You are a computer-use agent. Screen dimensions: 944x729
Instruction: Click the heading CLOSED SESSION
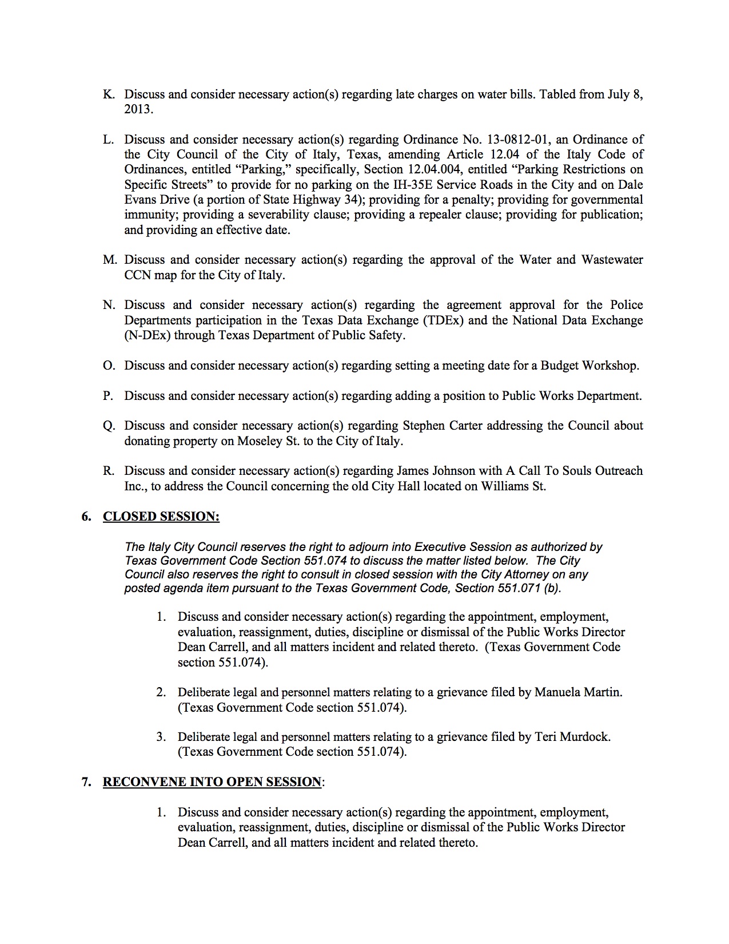(x=161, y=516)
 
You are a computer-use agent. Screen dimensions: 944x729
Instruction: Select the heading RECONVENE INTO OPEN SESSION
(x=212, y=782)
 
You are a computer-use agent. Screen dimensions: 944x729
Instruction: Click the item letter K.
(x=108, y=94)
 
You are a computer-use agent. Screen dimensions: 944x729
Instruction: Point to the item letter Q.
(x=108, y=425)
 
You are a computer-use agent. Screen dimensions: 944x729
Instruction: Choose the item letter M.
(x=109, y=260)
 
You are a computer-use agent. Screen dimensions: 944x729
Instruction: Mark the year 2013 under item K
(x=138, y=109)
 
